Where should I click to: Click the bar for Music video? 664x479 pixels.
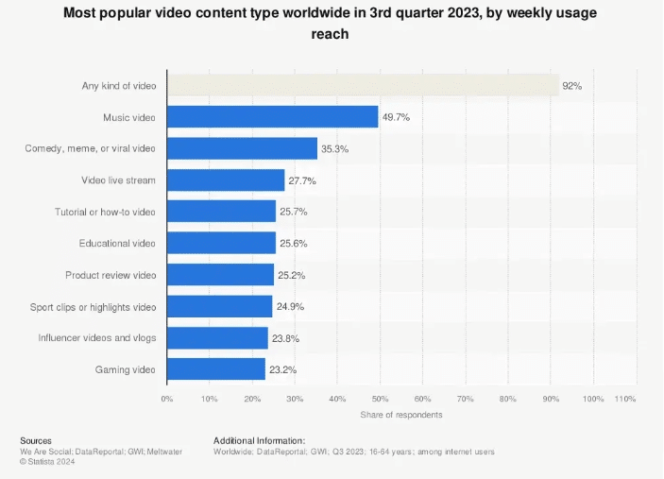(273, 117)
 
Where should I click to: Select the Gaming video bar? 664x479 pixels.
(216, 368)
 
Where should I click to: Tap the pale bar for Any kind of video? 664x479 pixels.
(363, 86)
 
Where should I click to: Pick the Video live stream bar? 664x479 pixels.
(226, 180)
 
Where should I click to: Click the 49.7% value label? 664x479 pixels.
(396, 117)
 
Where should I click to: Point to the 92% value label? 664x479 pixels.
(571, 86)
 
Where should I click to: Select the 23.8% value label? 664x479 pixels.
(286, 337)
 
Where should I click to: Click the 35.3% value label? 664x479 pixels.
(335, 148)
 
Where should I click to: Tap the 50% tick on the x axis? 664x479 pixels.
(380, 399)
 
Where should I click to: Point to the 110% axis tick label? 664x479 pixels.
(625, 399)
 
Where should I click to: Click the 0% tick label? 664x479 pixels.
(167, 399)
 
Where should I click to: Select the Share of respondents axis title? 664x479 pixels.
(400, 415)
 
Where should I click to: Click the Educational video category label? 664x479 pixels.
(117, 243)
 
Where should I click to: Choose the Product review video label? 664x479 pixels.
(111, 275)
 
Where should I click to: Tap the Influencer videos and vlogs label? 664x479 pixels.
(96, 337)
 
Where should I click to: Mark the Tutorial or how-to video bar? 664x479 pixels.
(222, 212)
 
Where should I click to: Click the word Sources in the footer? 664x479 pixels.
(36, 440)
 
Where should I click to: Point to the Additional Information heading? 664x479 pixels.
(259, 440)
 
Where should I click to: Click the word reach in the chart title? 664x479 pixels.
(332, 34)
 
